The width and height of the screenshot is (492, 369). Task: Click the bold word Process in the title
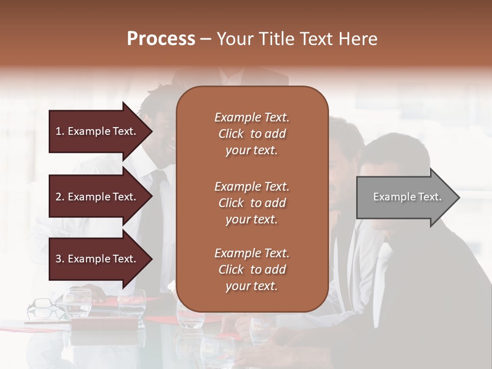pyautogui.click(x=161, y=39)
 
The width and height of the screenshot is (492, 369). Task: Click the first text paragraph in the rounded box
pyautogui.click(x=252, y=134)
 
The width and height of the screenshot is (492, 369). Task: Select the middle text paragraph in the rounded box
pyautogui.click(x=252, y=202)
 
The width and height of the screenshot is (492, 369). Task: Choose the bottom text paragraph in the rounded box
pyautogui.click(x=252, y=270)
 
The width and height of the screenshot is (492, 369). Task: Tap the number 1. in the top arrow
pyautogui.click(x=60, y=131)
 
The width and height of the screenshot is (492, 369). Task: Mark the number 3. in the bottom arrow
pyautogui.click(x=60, y=259)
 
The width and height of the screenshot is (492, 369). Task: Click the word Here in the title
pyautogui.click(x=358, y=39)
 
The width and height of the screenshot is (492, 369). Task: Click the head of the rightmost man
pyautogui.click(x=392, y=169)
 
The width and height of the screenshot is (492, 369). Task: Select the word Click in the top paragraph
pyautogui.click(x=231, y=134)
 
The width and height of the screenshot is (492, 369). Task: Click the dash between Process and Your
pyautogui.click(x=206, y=39)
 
